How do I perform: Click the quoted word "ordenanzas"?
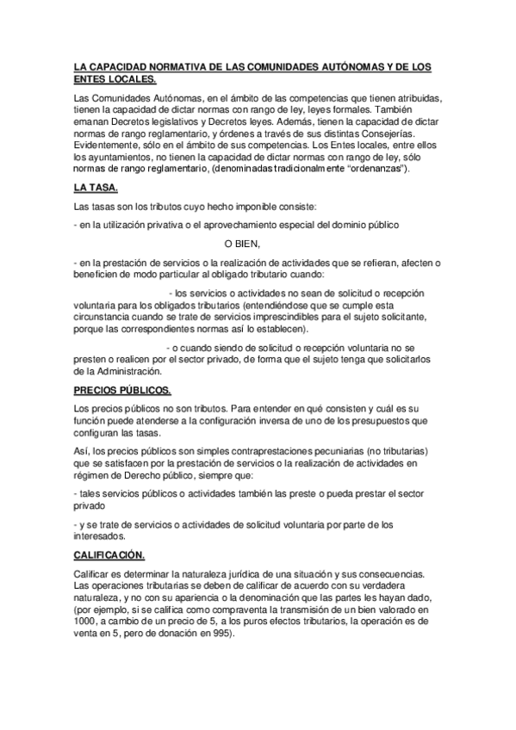379,169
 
